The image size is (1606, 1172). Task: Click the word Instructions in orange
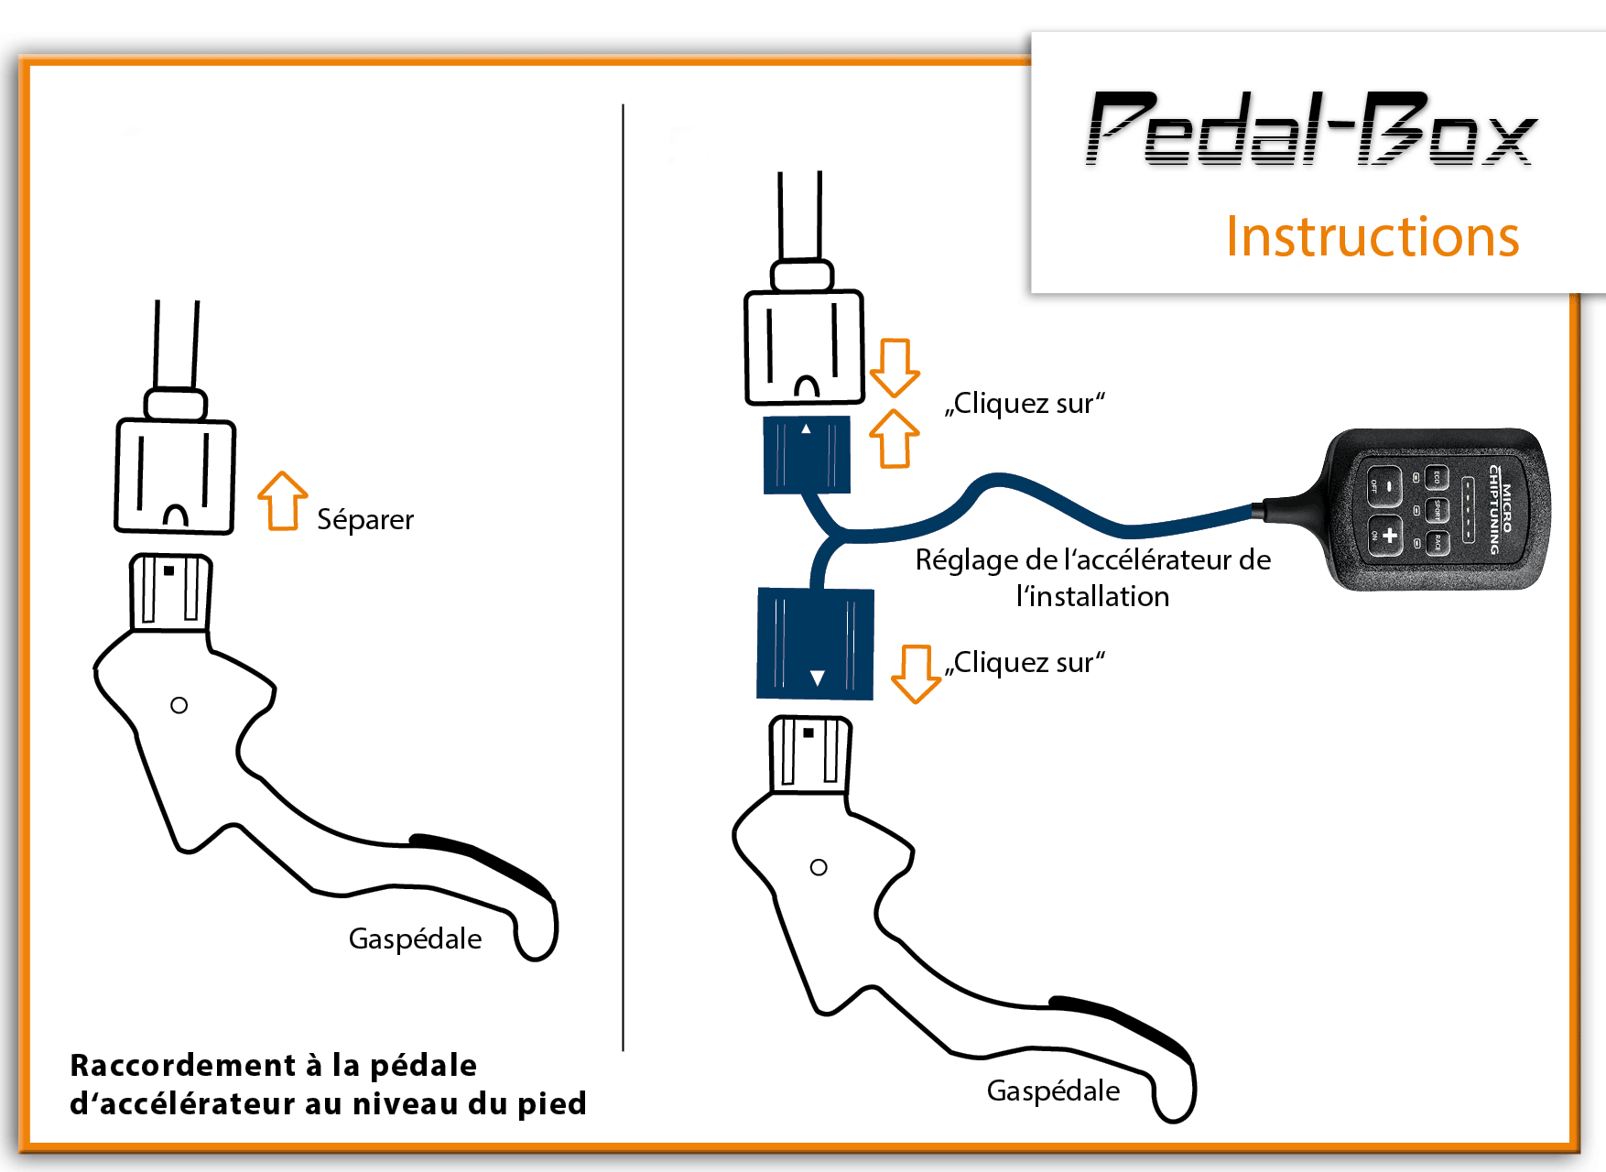pyautogui.click(x=1372, y=236)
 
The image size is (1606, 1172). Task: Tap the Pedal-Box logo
pyautogui.click(x=1311, y=130)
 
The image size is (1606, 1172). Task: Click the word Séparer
pyautogui.click(x=364, y=520)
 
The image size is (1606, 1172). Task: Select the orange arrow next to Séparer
pyautogui.click(x=282, y=501)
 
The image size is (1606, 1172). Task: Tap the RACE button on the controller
pyautogui.click(x=1437, y=543)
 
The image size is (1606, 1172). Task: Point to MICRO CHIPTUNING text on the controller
pyautogui.click(x=1501, y=509)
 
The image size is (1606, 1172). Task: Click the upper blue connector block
pyautogui.click(x=807, y=455)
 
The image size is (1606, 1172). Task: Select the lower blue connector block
pyautogui.click(x=815, y=644)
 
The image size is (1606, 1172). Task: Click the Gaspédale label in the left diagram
pyautogui.click(x=415, y=939)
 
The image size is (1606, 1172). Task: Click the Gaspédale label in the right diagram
pyautogui.click(x=1053, y=1091)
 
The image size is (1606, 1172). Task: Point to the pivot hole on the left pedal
pyautogui.click(x=179, y=705)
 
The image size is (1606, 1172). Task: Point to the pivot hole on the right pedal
pyautogui.click(x=819, y=867)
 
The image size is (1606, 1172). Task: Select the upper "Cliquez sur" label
pyautogui.click(x=1025, y=404)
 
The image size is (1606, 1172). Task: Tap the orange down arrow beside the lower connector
pyautogui.click(x=916, y=673)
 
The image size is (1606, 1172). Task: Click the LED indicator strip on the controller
pyautogui.click(x=1468, y=509)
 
